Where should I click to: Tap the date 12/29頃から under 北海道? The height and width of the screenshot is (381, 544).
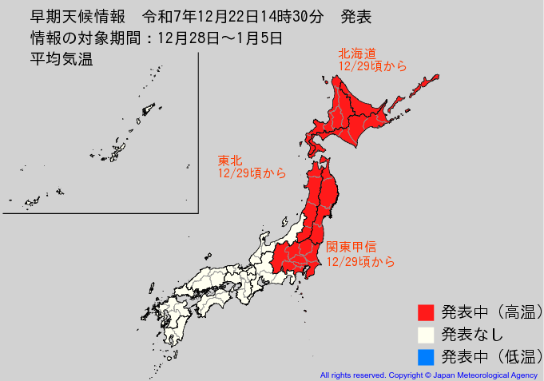pyautogui.click(x=372, y=67)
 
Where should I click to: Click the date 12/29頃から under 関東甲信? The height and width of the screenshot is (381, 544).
pyautogui.click(x=360, y=261)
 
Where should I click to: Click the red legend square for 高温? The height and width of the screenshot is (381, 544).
pyautogui.click(x=426, y=312)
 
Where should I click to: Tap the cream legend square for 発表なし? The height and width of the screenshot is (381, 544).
pyautogui.click(x=426, y=334)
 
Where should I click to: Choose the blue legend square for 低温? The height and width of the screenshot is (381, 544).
pyautogui.click(x=426, y=356)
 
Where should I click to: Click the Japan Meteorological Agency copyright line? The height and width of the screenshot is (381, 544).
pyautogui.click(x=429, y=375)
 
